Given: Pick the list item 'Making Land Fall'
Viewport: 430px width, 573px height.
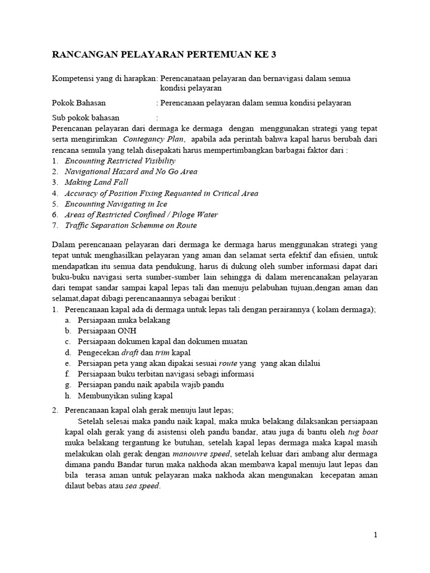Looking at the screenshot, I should (96, 182).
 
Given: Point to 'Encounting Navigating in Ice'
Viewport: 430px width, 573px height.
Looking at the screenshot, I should (116, 204).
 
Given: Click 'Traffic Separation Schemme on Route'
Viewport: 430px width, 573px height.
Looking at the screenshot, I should (130, 226).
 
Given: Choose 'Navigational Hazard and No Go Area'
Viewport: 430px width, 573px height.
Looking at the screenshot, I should (130, 172).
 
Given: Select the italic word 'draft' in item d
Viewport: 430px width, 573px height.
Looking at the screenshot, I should (146, 353).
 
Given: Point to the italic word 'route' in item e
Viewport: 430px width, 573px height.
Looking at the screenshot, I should (228, 363).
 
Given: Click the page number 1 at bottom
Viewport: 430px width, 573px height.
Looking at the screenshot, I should (376, 535).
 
